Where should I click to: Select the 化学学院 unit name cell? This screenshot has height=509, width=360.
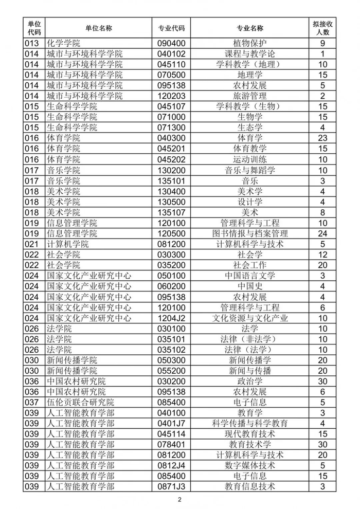pyautogui.click(x=64, y=43)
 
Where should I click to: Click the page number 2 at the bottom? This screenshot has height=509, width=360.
pyautogui.click(x=179, y=500)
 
